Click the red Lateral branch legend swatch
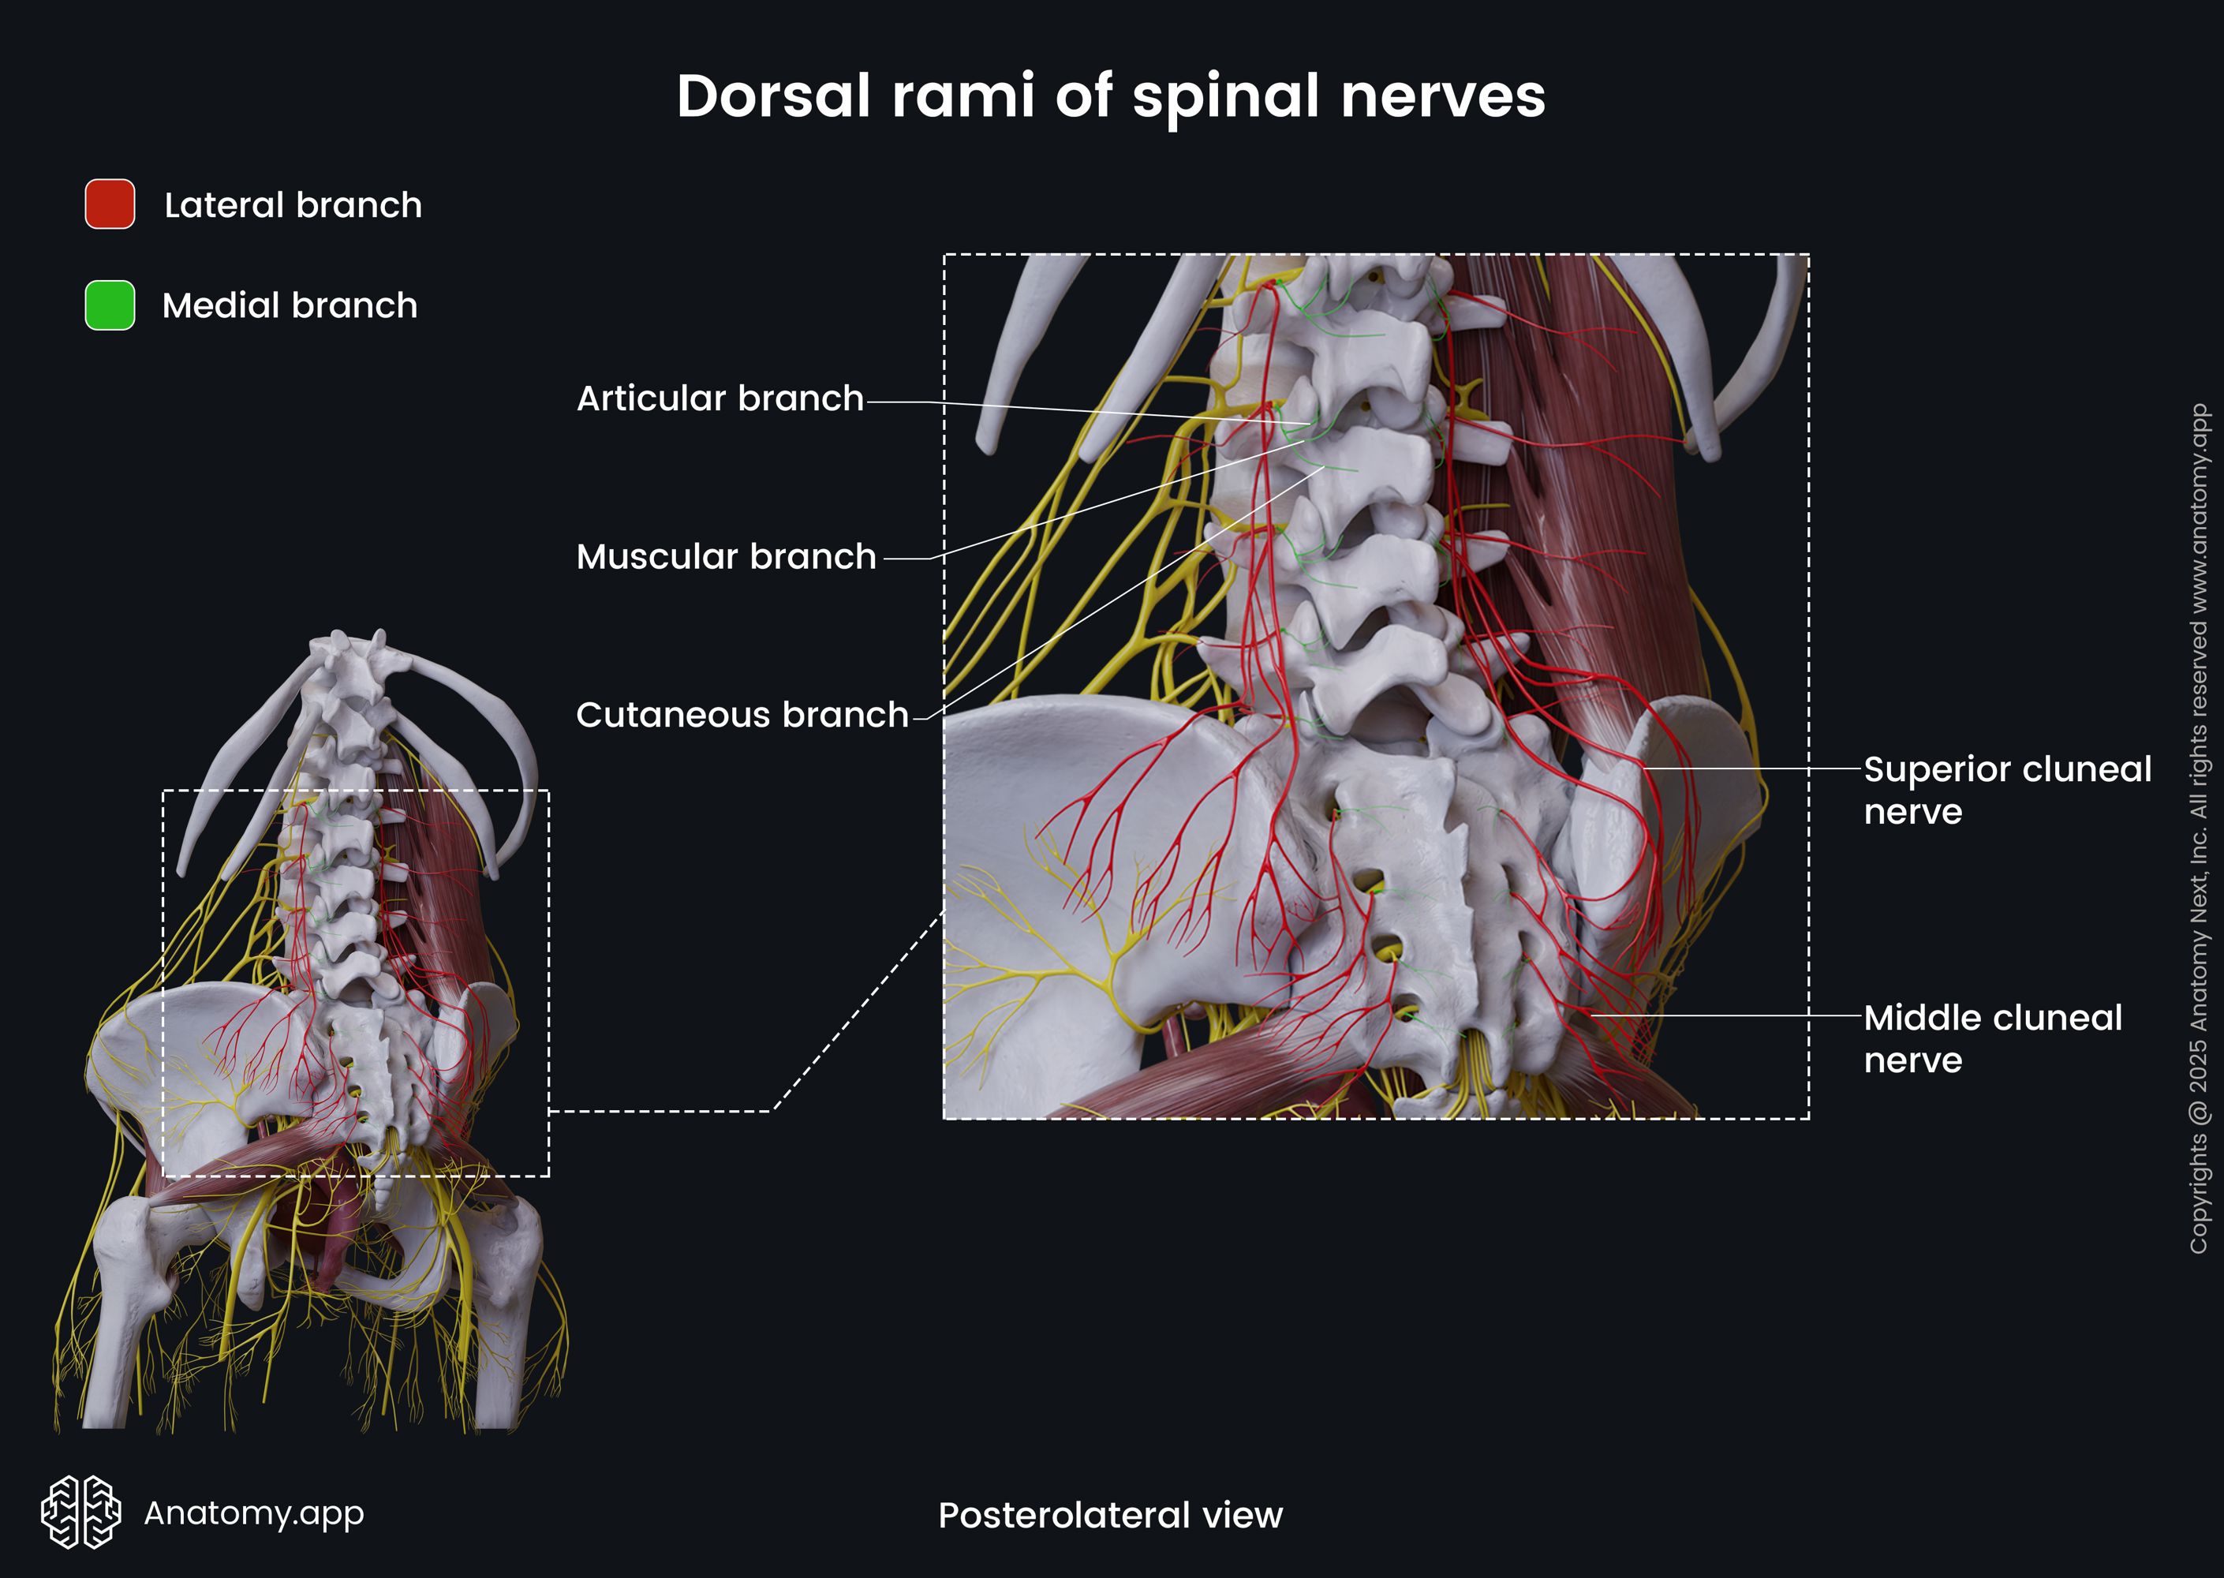(110, 204)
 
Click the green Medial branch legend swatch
(110, 305)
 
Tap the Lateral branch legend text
(293, 205)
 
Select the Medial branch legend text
(290, 305)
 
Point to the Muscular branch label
(726, 557)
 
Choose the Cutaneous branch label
(742, 715)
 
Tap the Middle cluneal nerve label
(1992, 1038)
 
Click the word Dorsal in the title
(772, 96)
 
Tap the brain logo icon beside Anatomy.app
(80, 1512)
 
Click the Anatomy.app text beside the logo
(253, 1513)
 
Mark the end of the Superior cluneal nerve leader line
(1642, 768)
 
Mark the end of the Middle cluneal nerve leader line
(1590, 1015)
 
